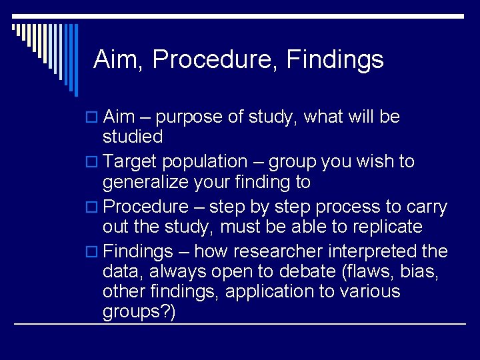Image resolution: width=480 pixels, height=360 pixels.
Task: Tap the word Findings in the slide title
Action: (335, 60)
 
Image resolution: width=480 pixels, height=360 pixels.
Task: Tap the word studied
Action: (133, 137)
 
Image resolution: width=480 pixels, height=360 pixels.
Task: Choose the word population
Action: (204, 162)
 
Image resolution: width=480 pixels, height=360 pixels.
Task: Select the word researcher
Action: (252, 252)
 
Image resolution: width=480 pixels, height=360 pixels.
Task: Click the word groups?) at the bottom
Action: (139, 312)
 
